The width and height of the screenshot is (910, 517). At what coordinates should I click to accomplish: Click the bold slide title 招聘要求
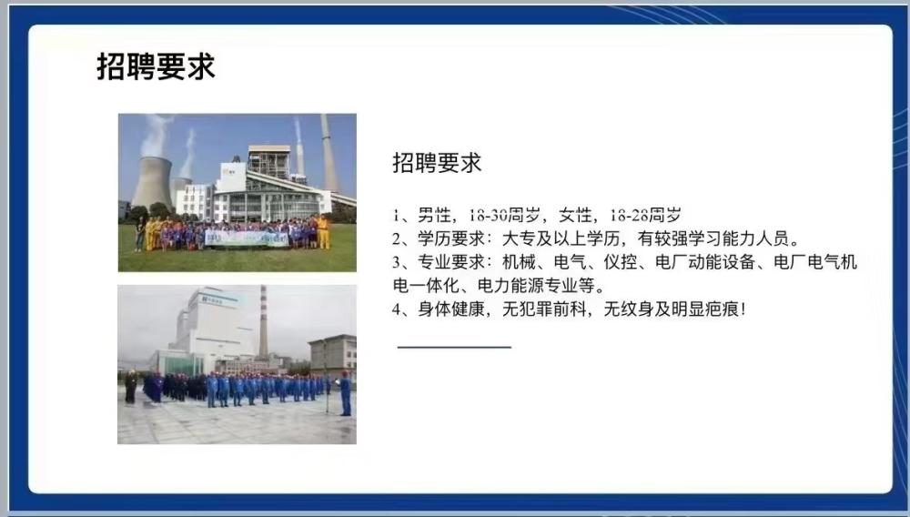(156, 66)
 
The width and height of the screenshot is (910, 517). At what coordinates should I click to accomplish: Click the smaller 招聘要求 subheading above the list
(437, 164)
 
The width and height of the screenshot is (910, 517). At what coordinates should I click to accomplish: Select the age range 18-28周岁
(645, 216)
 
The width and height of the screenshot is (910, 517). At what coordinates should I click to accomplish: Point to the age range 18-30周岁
(504, 216)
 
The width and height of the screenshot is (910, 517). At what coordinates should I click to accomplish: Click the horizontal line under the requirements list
(454, 347)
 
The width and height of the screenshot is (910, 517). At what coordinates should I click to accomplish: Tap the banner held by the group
(246, 238)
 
